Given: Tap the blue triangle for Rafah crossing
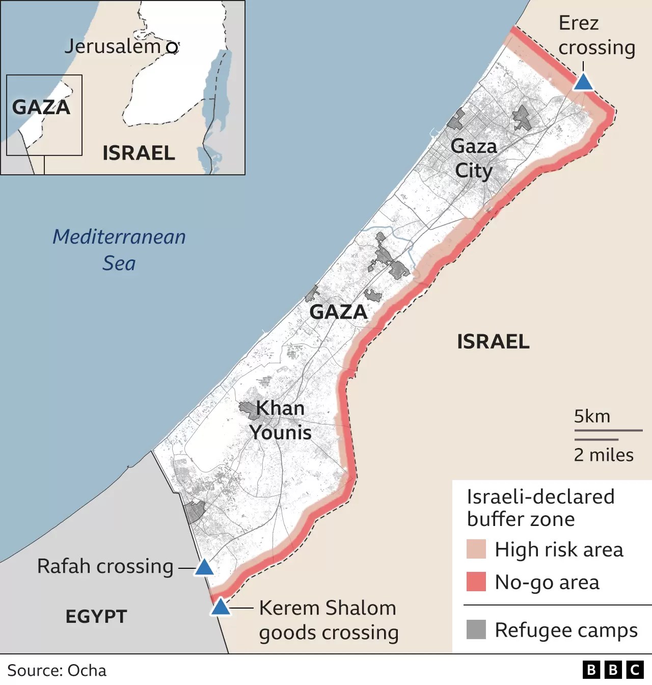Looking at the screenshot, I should click(x=204, y=567).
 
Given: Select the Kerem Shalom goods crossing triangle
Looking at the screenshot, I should click(x=221, y=607).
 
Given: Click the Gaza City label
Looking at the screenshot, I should click(x=474, y=159).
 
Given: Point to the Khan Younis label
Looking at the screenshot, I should click(x=280, y=420).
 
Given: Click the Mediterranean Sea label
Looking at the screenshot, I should click(x=119, y=250).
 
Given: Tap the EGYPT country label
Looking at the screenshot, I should click(x=96, y=617).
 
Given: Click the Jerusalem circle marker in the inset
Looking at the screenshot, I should click(x=173, y=47).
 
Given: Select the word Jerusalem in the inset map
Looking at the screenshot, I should click(x=112, y=46).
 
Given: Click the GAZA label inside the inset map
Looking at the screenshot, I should click(x=41, y=107).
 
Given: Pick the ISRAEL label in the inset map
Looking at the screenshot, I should click(x=139, y=153).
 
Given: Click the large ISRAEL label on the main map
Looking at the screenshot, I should click(x=493, y=341).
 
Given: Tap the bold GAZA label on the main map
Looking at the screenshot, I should click(x=338, y=312).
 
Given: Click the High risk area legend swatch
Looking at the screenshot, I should click(x=476, y=549).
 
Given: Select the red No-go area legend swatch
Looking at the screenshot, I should click(x=476, y=582).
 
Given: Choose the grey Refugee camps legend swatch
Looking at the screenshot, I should click(x=476, y=629).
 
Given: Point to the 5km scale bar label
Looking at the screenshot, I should click(x=592, y=416).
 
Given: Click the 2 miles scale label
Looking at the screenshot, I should click(x=604, y=455).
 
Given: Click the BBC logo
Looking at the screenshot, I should click(x=613, y=670).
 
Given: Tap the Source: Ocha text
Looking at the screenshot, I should click(x=57, y=670).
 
